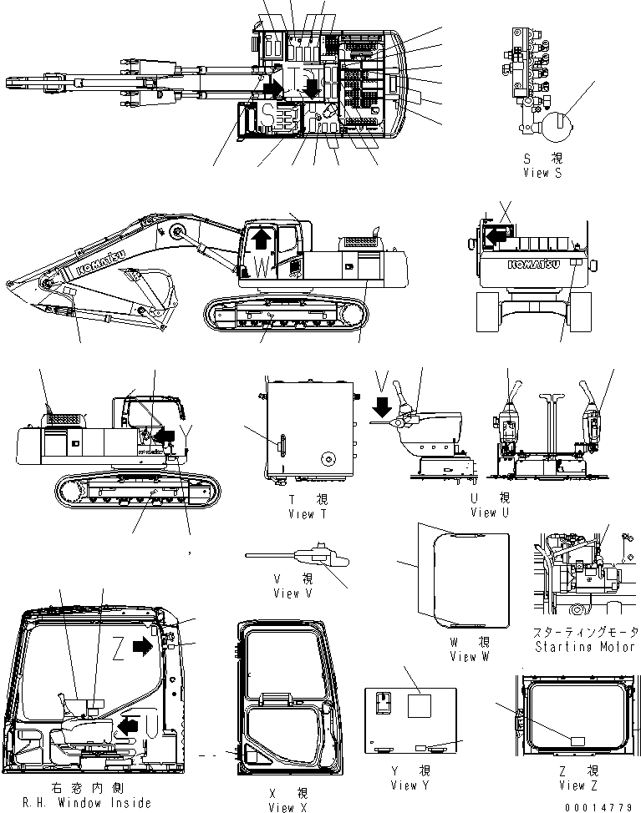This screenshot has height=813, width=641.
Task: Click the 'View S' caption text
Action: (547, 173)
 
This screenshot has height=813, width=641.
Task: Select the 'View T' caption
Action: (301, 514)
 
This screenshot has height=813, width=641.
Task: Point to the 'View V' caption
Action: (296, 593)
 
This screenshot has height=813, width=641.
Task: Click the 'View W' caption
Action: (474, 656)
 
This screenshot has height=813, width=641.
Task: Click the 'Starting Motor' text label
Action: (582, 647)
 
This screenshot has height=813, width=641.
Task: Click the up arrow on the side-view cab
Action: (262, 240)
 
